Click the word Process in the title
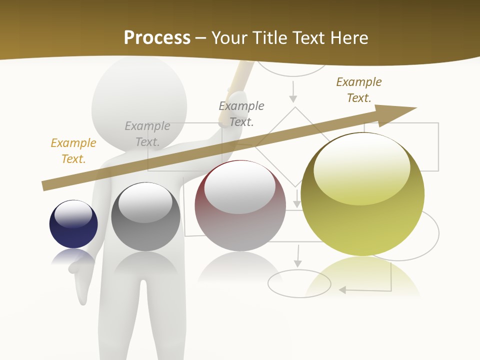pyautogui.click(x=157, y=37)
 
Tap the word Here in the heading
pyautogui.click(x=349, y=37)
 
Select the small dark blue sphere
pyautogui.click(x=73, y=224)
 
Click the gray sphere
pyautogui.click(x=145, y=216)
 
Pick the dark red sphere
pyautogui.click(x=240, y=205)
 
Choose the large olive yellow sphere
pyautogui.click(x=362, y=194)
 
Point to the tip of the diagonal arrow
pyautogui.click(x=415, y=108)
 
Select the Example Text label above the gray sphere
pyautogui.click(x=147, y=134)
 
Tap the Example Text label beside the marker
pyautogui.click(x=241, y=113)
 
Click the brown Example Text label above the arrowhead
pyautogui.click(x=359, y=89)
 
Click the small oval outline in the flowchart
pyautogui.click(x=299, y=283)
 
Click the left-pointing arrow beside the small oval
pyautogui.click(x=345, y=289)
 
